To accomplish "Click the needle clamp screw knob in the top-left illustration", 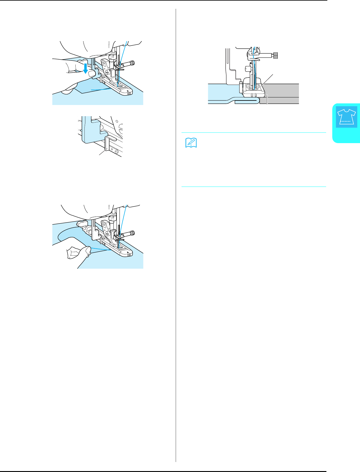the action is coord(132,63).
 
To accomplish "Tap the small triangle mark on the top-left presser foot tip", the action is coord(128,90).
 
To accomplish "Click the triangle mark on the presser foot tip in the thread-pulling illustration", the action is coord(128,252).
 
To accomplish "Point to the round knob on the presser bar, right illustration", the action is coord(247,69).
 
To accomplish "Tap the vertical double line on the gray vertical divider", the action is coord(176,236).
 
